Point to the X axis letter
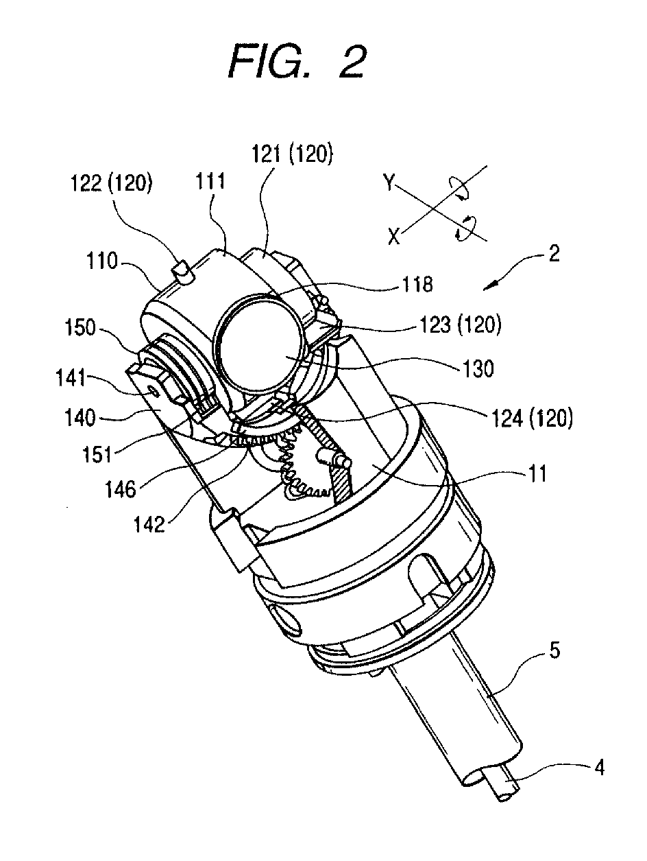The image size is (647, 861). [x=393, y=237]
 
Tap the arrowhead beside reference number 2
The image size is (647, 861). [x=488, y=287]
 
